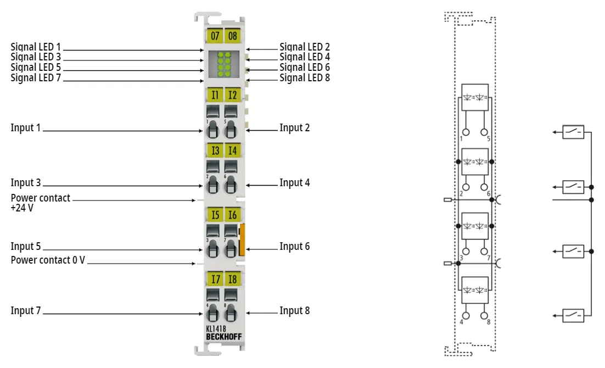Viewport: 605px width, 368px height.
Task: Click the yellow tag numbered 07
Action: (x=215, y=36)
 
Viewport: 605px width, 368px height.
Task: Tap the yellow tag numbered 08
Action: (x=232, y=36)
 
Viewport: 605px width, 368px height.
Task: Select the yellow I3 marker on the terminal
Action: (x=215, y=150)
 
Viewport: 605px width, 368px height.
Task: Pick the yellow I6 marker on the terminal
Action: (x=232, y=215)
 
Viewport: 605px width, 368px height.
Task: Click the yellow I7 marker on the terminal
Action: (x=215, y=279)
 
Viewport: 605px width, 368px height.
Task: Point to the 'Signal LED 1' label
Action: (x=36, y=47)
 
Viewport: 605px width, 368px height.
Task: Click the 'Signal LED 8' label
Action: (x=305, y=77)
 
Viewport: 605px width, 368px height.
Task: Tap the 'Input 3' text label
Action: (x=25, y=183)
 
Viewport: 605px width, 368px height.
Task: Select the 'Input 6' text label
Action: (x=295, y=247)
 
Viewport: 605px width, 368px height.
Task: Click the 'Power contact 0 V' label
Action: (x=48, y=260)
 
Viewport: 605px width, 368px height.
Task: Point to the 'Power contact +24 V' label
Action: (x=40, y=203)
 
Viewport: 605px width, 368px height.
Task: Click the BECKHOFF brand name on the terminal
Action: (x=224, y=337)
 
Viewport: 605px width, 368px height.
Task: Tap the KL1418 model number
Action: (x=216, y=329)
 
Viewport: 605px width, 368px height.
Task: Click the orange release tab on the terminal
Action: (x=242, y=239)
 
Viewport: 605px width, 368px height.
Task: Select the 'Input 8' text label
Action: (x=295, y=311)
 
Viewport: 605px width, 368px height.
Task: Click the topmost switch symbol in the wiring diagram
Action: (x=573, y=132)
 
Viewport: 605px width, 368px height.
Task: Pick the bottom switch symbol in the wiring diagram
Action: (x=573, y=315)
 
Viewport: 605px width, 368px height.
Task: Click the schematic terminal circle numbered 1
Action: (x=466, y=132)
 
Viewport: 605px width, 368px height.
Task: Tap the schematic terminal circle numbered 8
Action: (x=484, y=315)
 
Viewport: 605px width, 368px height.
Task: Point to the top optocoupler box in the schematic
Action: (x=475, y=97)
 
